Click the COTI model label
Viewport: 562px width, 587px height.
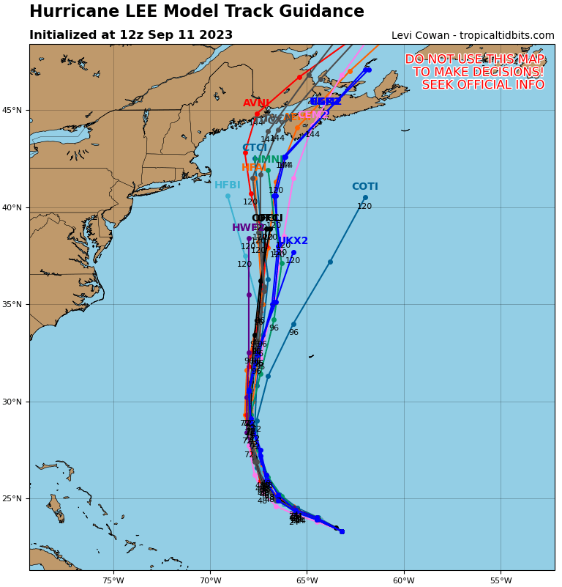point(364,187)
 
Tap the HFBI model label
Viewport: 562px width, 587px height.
point(227,185)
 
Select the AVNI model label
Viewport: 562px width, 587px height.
point(256,103)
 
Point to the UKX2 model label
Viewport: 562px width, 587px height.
point(293,241)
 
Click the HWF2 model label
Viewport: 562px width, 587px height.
point(248,228)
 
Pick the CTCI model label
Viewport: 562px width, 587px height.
point(254,148)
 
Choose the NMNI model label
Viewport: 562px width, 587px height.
point(269,160)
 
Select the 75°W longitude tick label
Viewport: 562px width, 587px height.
point(113,581)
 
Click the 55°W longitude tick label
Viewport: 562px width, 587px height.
point(501,581)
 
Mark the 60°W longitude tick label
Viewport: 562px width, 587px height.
point(404,581)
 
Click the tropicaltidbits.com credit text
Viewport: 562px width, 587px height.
point(505,36)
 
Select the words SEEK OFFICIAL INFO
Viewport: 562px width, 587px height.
point(483,85)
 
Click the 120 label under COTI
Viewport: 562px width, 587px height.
point(364,207)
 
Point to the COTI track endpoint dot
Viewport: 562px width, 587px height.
point(365,197)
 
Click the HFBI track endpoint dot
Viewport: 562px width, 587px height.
point(228,196)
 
